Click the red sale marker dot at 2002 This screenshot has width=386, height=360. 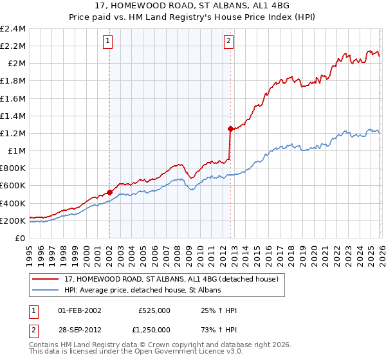point(109,192)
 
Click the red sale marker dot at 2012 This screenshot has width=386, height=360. point(230,129)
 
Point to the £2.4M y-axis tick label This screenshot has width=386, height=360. point(14,29)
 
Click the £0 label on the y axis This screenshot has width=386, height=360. point(21,238)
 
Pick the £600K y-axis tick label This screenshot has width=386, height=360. point(14,186)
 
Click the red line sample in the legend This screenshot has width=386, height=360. point(46,279)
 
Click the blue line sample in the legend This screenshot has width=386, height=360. point(46,291)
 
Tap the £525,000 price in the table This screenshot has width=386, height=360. point(154,310)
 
